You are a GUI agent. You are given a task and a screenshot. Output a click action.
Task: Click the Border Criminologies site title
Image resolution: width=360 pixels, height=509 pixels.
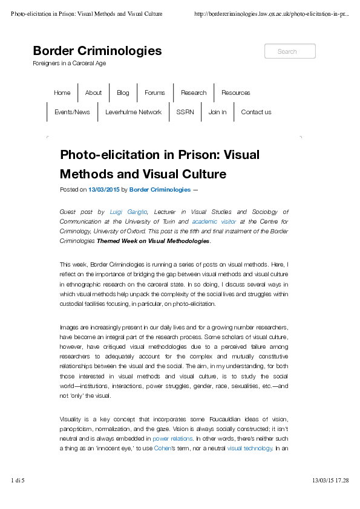[97, 51]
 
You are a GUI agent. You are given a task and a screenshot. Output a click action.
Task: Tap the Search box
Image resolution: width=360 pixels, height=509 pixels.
[290, 51]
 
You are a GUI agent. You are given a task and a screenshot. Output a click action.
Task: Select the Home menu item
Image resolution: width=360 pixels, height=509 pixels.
[62, 93]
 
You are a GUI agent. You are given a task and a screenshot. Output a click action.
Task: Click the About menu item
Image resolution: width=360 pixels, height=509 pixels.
[93, 93]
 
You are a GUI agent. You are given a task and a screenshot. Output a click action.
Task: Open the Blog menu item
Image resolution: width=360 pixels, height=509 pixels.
[123, 93]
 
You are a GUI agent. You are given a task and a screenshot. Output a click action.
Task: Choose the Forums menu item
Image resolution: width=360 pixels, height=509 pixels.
[155, 93]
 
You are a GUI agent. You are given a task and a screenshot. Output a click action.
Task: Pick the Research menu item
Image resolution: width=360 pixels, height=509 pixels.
[194, 93]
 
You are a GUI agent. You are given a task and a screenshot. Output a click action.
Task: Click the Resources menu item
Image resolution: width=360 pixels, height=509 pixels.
[235, 93]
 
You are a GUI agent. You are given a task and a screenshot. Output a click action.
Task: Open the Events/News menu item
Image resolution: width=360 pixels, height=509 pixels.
[72, 112]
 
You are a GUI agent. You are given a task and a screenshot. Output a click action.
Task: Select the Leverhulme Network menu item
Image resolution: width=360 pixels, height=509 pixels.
[133, 112]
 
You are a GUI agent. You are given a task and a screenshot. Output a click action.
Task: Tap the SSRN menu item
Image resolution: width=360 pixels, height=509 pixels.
[185, 112]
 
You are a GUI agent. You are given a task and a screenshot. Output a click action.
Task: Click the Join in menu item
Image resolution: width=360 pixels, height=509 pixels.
[217, 112]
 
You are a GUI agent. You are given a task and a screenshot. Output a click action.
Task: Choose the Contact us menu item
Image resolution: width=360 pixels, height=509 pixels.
[256, 112]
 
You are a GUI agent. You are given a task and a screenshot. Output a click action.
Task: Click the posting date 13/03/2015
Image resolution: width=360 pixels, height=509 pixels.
[104, 190]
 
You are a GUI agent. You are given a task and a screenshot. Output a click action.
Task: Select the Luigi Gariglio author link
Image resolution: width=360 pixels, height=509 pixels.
[129, 212]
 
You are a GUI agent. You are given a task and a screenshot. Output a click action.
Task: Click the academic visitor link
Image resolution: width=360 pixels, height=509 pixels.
[214, 222]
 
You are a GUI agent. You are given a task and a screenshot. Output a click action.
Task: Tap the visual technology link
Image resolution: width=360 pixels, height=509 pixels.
[250, 449]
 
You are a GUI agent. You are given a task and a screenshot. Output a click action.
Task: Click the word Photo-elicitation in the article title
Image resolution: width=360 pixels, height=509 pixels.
[106, 155]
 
